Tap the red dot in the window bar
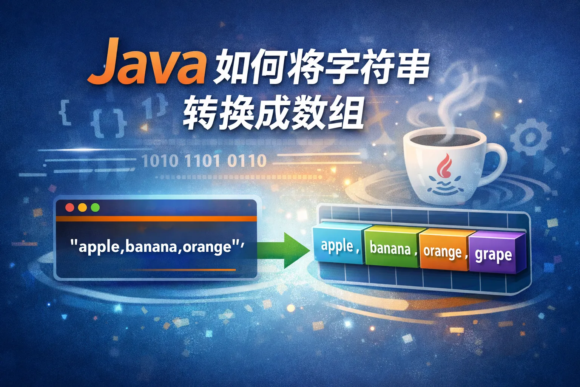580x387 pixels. tap(70, 207)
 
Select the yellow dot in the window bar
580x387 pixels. tap(83, 207)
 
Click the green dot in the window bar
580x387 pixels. tap(95, 207)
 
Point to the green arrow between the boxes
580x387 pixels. tap(284, 250)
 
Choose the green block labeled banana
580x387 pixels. tap(392, 247)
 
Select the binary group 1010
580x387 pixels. tap(160, 161)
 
